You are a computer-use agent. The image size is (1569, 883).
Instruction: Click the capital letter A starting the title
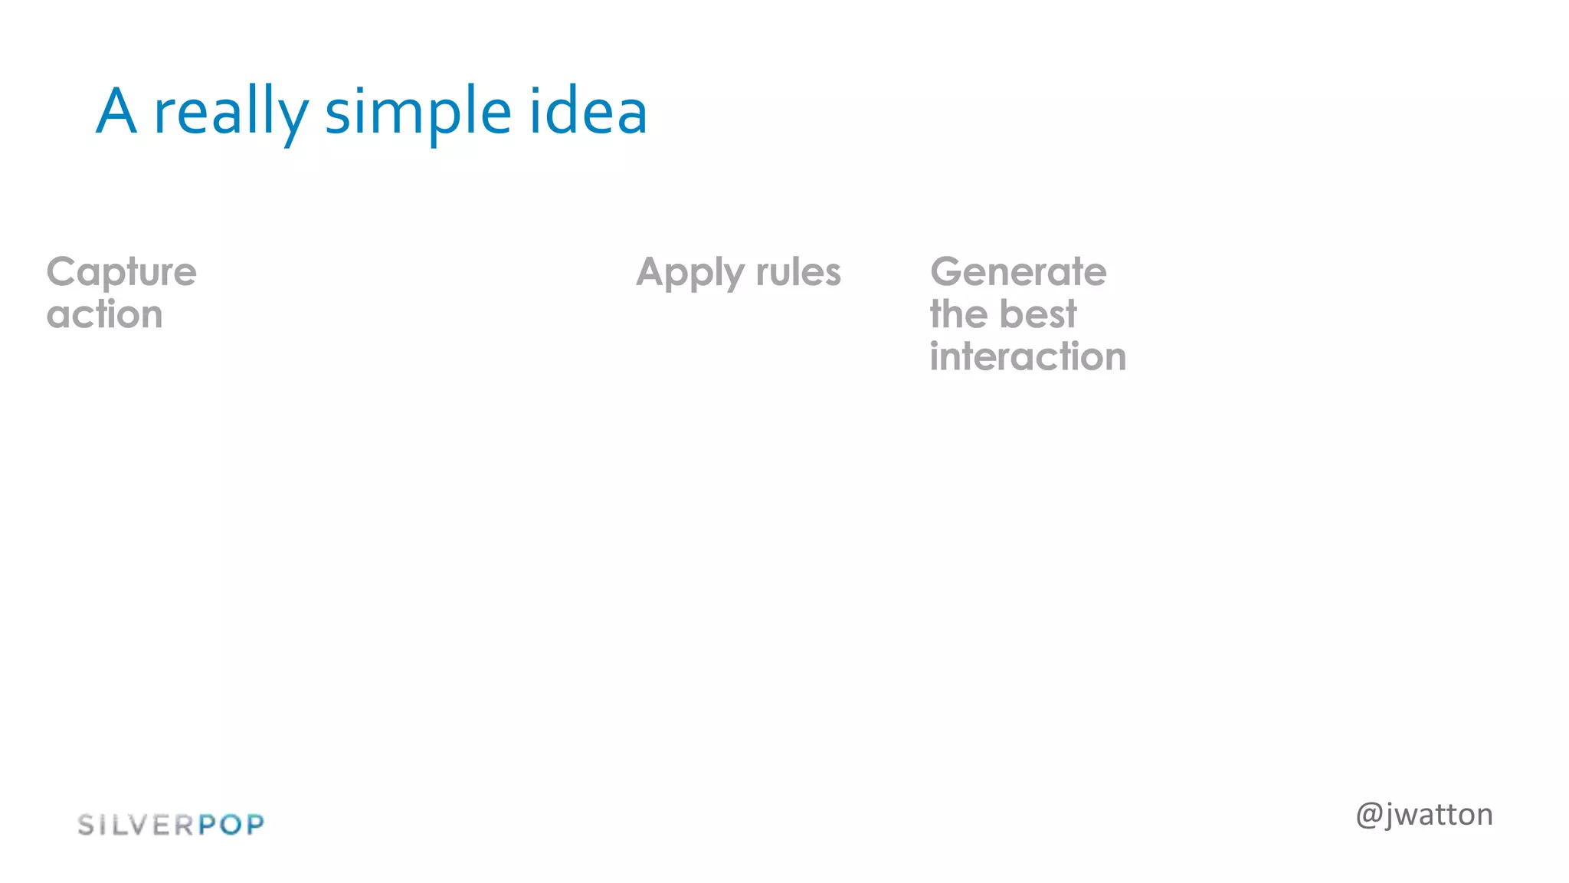click(116, 111)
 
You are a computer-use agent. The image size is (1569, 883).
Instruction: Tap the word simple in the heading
click(418, 113)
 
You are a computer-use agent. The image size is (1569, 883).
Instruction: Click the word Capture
click(121, 273)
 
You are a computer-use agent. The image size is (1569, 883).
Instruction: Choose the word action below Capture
click(104, 315)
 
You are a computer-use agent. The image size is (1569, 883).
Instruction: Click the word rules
click(798, 272)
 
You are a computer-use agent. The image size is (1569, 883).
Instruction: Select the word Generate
click(1018, 272)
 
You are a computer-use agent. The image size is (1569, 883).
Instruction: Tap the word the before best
click(958, 314)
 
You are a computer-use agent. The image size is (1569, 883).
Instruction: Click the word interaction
click(1027, 356)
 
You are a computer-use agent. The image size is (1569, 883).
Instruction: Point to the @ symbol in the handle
click(1369, 815)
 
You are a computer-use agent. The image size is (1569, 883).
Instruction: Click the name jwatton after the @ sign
click(1440, 815)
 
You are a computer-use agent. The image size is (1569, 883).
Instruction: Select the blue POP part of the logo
click(231, 825)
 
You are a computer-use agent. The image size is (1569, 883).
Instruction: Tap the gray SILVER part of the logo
click(136, 825)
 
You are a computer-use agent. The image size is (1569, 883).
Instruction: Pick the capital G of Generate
click(946, 272)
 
